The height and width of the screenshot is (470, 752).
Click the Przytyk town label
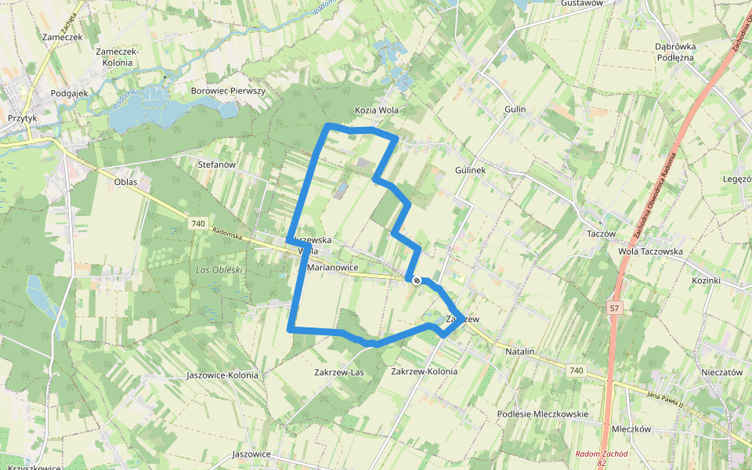click(x=22, y=117)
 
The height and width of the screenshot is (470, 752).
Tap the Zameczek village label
click(x=63, y=37)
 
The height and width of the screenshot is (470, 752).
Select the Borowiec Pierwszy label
click(x=229, y=91)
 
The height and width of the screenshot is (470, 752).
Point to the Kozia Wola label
click(x=377, y=110)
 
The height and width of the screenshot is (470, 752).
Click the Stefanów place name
click(x=217, y=164)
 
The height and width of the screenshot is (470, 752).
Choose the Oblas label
click(x=125, y=182)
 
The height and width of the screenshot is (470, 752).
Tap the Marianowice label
click(x=333, y=267)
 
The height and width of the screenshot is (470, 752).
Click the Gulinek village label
click(x=471, y=169)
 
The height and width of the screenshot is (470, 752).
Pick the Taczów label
click(x=601, y=233)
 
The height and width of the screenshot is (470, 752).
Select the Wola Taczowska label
click(x=650, y=251)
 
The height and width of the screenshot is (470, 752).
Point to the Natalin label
click(x=519, y=352)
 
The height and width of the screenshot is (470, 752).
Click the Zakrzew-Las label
click(x=339, y=371)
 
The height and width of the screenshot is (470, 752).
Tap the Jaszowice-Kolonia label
click(x=222, y=375)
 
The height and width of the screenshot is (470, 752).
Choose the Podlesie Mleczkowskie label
click(x=543, y=414)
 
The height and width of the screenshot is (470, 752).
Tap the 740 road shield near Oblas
click(x=197, y=224)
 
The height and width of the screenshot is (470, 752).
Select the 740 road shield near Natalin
click(x=577, y=370)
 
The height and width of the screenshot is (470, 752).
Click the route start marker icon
click(x=416, y=280)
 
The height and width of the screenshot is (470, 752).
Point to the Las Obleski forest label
click(x=218, y=270)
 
